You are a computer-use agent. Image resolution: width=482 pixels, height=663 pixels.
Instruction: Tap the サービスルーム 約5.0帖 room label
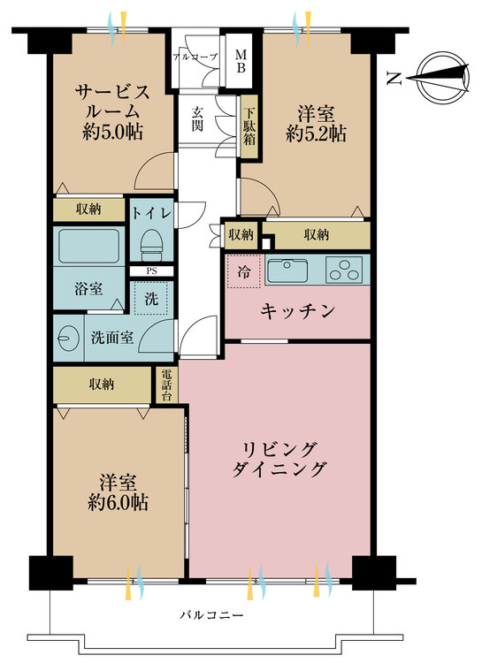[111, 111]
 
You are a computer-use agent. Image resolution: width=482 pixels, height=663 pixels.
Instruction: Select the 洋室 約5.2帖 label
[316, 124]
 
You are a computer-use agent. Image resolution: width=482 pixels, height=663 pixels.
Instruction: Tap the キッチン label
[297, 311]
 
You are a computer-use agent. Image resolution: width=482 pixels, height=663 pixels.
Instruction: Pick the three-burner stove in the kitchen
[345, 270]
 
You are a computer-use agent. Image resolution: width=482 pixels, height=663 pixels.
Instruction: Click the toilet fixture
[151, 241]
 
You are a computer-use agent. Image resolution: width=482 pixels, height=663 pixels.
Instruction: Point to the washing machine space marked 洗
[151, 298]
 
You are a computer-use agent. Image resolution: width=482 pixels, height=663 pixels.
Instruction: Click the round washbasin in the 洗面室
[67, 338]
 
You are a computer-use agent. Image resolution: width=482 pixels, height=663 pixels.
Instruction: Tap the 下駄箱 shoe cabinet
[249, 127]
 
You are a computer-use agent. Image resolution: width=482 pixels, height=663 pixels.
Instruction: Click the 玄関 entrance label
[196, 119]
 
